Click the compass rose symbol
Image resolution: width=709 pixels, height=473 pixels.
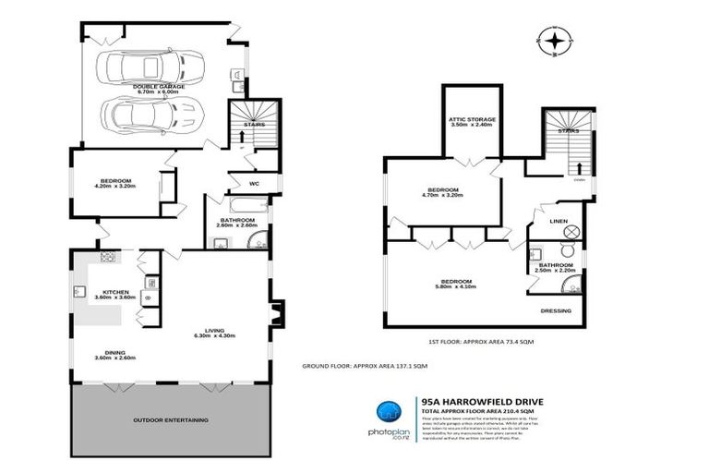point(553,42)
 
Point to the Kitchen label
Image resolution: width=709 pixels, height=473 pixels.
point(115,291)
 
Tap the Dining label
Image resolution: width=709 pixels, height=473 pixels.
point(115,351)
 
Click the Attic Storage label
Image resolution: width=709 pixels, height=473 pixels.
point(473,119)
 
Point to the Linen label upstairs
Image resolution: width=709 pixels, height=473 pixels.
point(558,222)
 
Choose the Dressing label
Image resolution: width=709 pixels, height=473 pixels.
point(557,310)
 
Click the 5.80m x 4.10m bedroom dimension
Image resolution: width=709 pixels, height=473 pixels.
point(456,286)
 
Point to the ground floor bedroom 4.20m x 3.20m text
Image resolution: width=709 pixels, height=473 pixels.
point(115,187)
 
